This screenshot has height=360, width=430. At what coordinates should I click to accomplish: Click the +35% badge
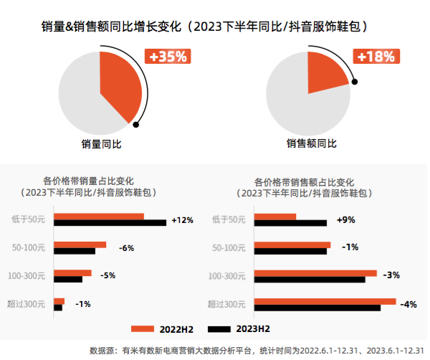point(168,56)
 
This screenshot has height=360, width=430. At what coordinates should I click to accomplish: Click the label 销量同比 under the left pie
point(101,144)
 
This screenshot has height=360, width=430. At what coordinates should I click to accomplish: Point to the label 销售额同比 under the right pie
point(311,144)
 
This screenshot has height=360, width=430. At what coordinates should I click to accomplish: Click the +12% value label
point(183,220)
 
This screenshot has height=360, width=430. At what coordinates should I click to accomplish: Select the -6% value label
point(126,248)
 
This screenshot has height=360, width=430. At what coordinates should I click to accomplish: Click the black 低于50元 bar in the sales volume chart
point(110,223)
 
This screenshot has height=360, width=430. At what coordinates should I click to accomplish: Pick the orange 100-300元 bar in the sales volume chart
point(72,273)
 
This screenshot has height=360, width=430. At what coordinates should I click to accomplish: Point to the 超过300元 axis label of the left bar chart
point(27,305)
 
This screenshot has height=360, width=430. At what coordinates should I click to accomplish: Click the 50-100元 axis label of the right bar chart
point(230,248)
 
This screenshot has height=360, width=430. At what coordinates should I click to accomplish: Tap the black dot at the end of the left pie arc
point(135,124)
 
